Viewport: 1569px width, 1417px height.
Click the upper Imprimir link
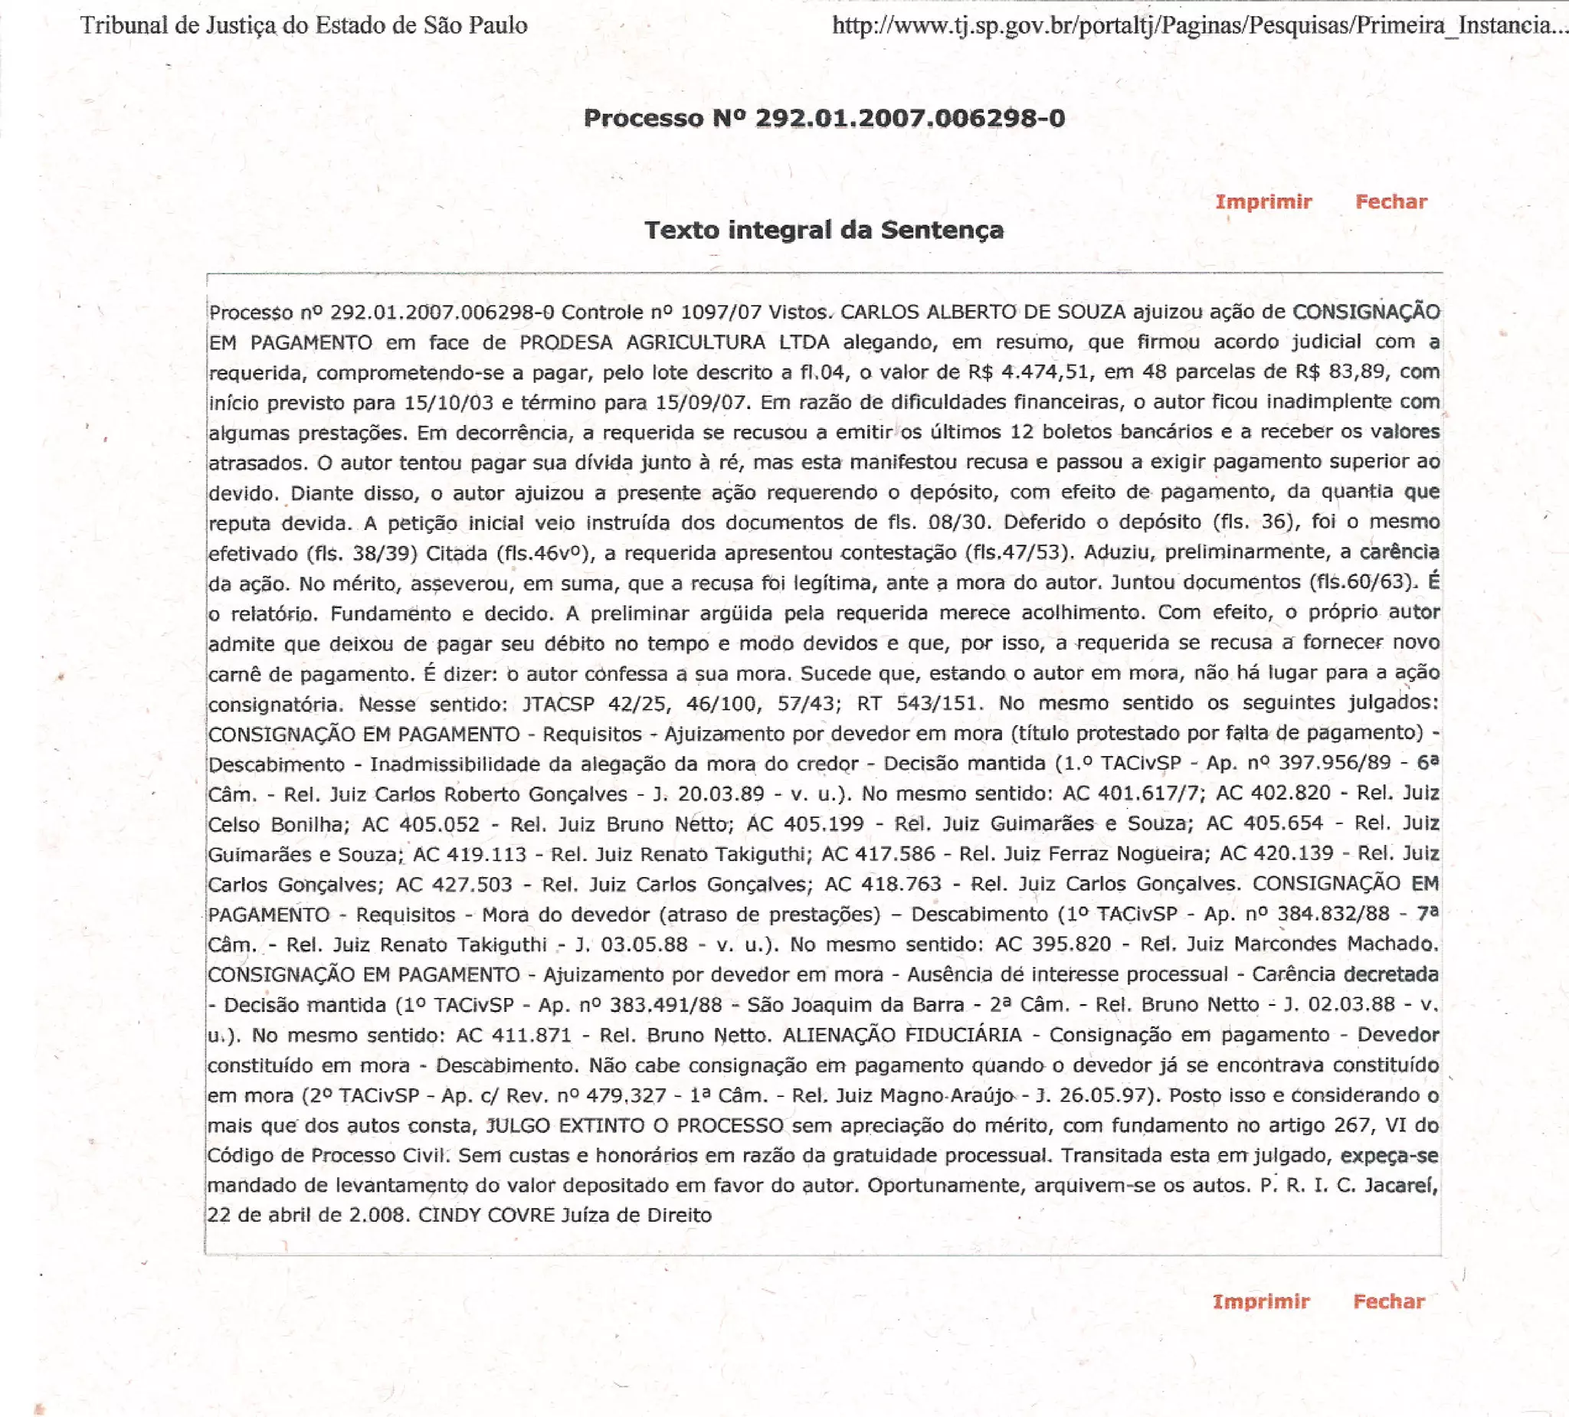coord(1263,201)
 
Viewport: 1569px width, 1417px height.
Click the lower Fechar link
coord(1388,1301)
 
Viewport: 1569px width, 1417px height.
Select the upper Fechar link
coord(1390,201)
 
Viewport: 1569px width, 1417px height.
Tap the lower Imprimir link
coord(1261,1301)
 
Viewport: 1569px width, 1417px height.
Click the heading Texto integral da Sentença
coord(824,230)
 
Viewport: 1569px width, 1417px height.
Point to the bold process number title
coord(824,118)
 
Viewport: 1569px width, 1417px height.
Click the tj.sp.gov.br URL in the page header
coord(1198,26)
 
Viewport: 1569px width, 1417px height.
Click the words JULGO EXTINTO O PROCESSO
coord(634,1125)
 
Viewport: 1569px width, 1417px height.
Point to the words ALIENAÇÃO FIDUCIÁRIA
coord(902,1035)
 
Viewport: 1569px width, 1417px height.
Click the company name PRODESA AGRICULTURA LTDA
coord(674,342)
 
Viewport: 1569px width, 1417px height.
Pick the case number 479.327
coord(627,1095)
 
